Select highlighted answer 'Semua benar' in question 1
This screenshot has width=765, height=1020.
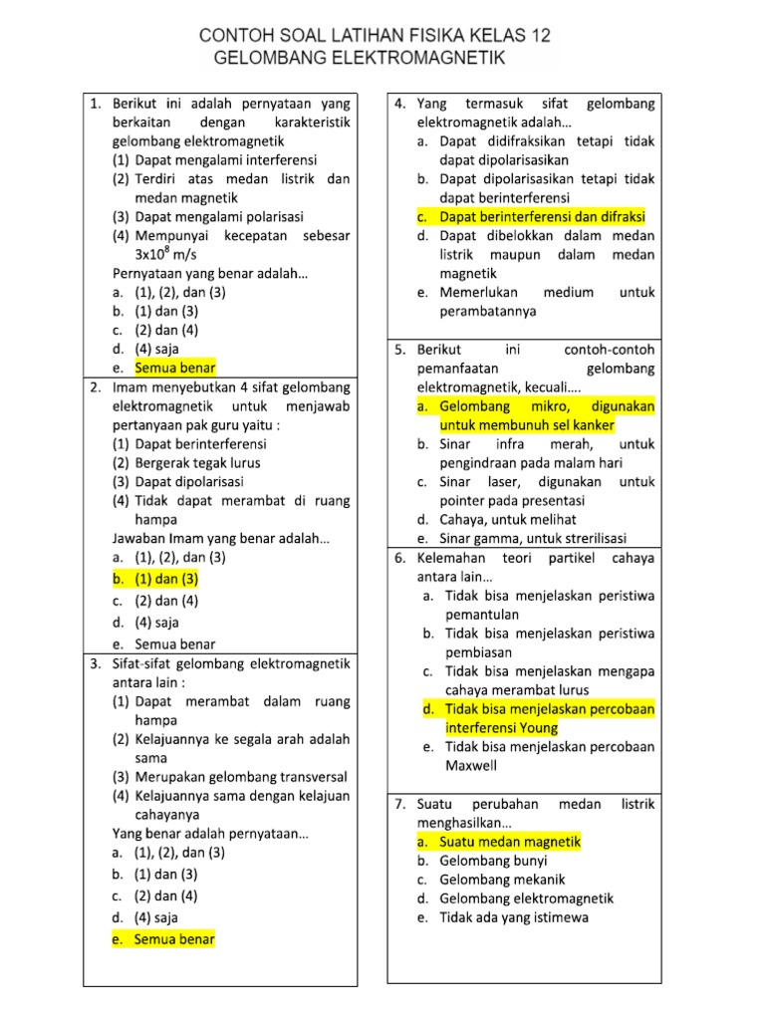(175, 368)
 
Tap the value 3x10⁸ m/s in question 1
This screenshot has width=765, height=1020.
(175, 254)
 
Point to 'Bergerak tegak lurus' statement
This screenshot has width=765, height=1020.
(197, 462)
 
